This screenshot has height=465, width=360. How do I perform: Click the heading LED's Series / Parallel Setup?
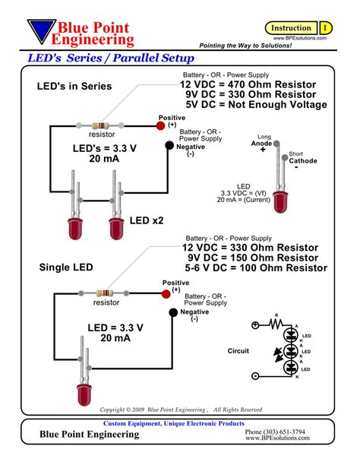110,59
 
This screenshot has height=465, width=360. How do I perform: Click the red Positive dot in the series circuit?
160,126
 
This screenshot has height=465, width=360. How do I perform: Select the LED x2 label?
146,220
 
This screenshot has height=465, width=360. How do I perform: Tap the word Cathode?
303,161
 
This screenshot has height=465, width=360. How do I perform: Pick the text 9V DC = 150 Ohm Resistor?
254,258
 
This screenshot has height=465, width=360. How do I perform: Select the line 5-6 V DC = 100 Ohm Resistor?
256,268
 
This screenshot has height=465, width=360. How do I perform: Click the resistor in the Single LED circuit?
106,293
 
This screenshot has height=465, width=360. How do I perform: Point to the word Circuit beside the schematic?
239,352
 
